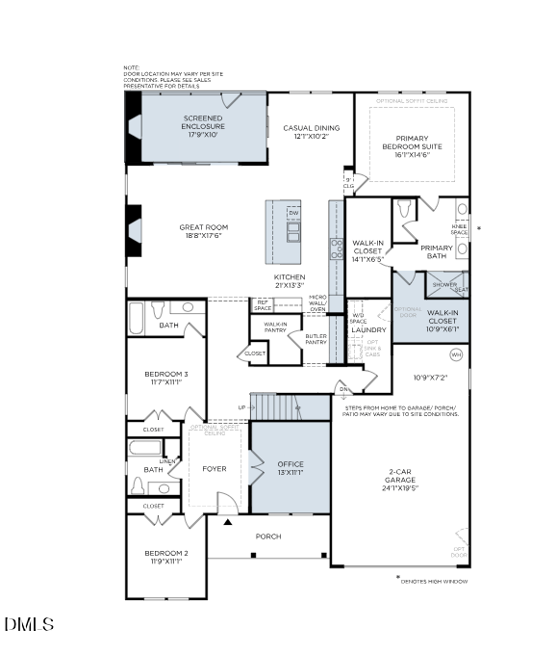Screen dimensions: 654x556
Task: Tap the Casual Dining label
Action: [311, 132]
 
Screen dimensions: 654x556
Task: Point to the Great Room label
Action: [203, 232]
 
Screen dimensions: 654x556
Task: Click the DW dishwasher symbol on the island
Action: [293, 213]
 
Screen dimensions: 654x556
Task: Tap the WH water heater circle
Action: [456, 355]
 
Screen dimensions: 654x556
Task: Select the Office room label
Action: [291, 468]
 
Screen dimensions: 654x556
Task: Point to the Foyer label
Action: [214, 469]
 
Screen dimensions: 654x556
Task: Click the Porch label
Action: [268, 536]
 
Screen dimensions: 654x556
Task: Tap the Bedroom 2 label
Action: [165, 557]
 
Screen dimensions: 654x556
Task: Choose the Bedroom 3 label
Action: [165, 378]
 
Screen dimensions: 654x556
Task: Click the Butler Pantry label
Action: [316, 339]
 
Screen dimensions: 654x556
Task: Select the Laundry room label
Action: [368, 329]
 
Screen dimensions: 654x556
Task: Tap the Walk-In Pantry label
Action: [275, 327]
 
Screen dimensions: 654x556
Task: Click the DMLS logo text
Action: [29, 625]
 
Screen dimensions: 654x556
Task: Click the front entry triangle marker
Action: [227, 521]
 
